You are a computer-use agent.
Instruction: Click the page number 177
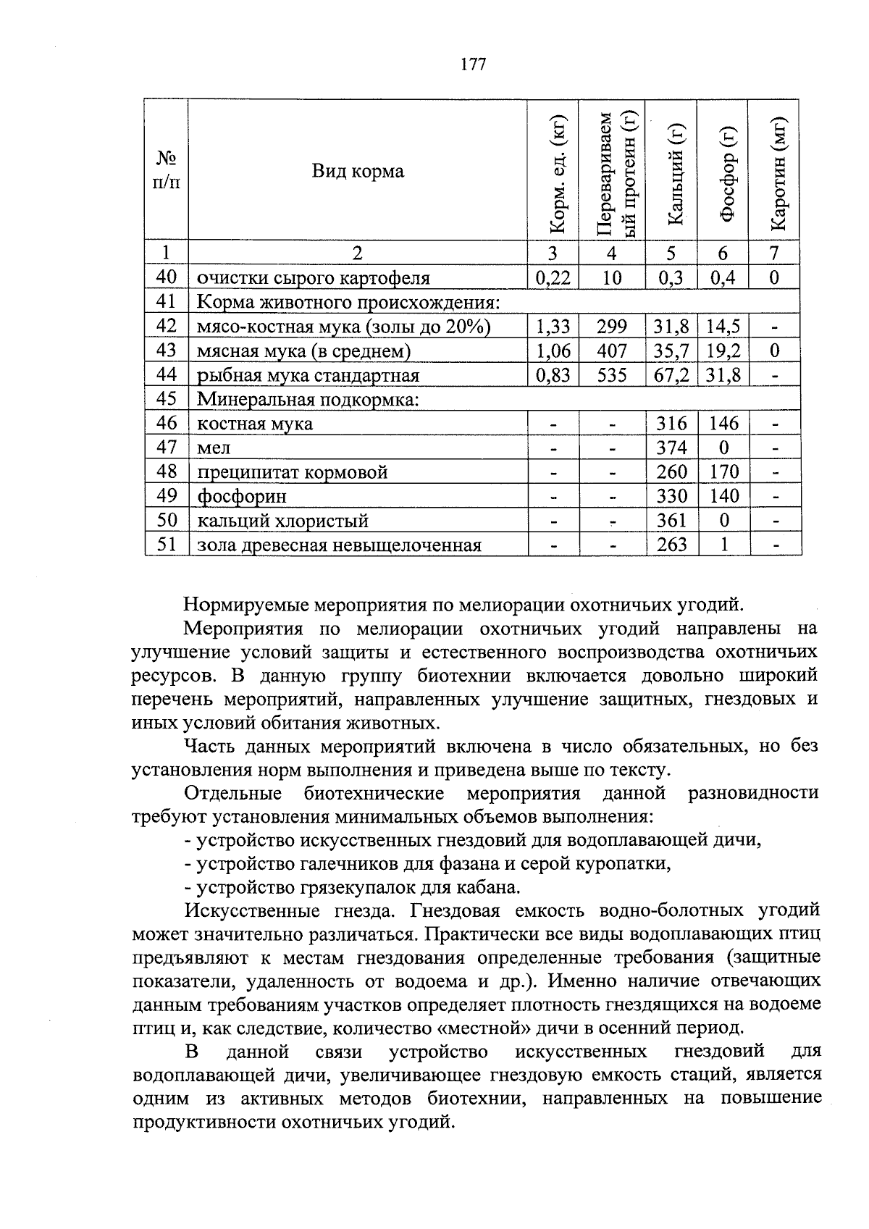[x=473, y=64]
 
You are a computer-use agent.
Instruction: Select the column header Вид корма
[x=358, y=172]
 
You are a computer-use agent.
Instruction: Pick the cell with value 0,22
[x=553, y=278]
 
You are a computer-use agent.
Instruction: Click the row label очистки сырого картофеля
[x=314, y=279]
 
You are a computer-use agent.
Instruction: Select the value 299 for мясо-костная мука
[x=612, y=327]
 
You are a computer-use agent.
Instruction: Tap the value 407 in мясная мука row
[x=612, y=351]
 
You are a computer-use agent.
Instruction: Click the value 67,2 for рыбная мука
[x=671, y=375]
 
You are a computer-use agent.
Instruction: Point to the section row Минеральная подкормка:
[x=308, y=400]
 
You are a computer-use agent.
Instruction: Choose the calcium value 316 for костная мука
[x=671, y=424]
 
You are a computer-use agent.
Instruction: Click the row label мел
[x=214, y=448]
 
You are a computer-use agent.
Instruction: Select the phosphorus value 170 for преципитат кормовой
[x=724, y=472]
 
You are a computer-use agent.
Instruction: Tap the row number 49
[x=167, y=496]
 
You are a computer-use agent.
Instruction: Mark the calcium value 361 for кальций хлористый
[x=671, y=521]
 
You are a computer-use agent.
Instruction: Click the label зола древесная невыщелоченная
[x=339, y=545]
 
